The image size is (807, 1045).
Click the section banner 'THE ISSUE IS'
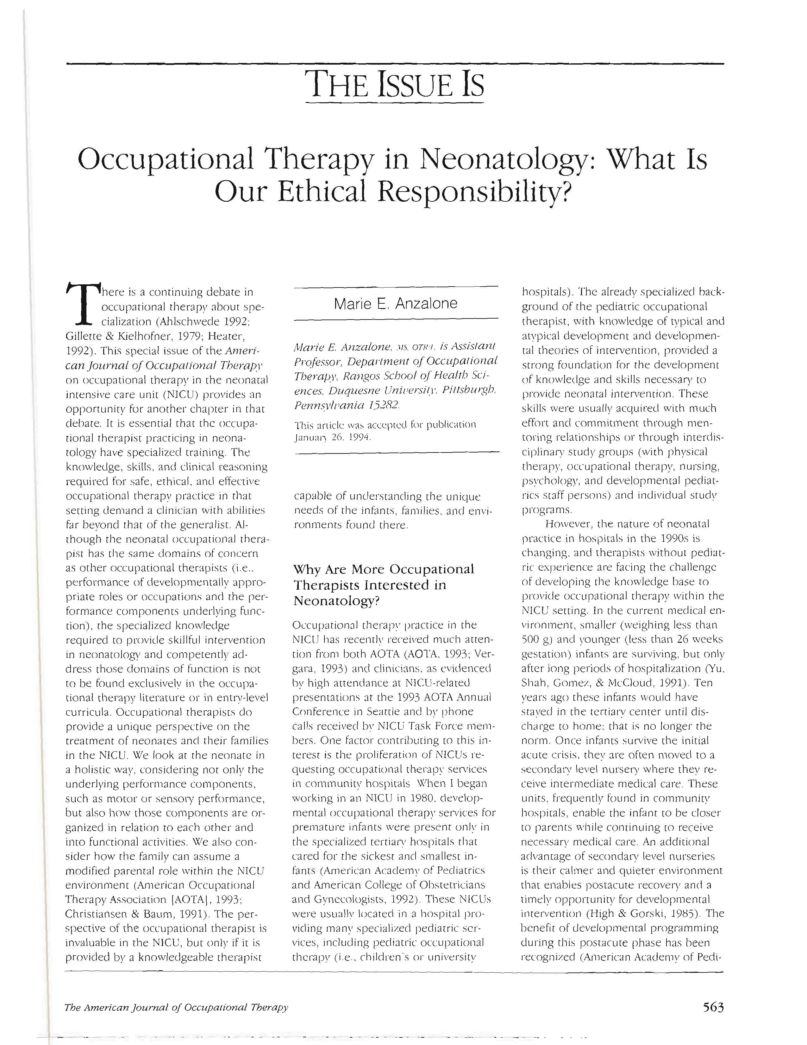395,84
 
